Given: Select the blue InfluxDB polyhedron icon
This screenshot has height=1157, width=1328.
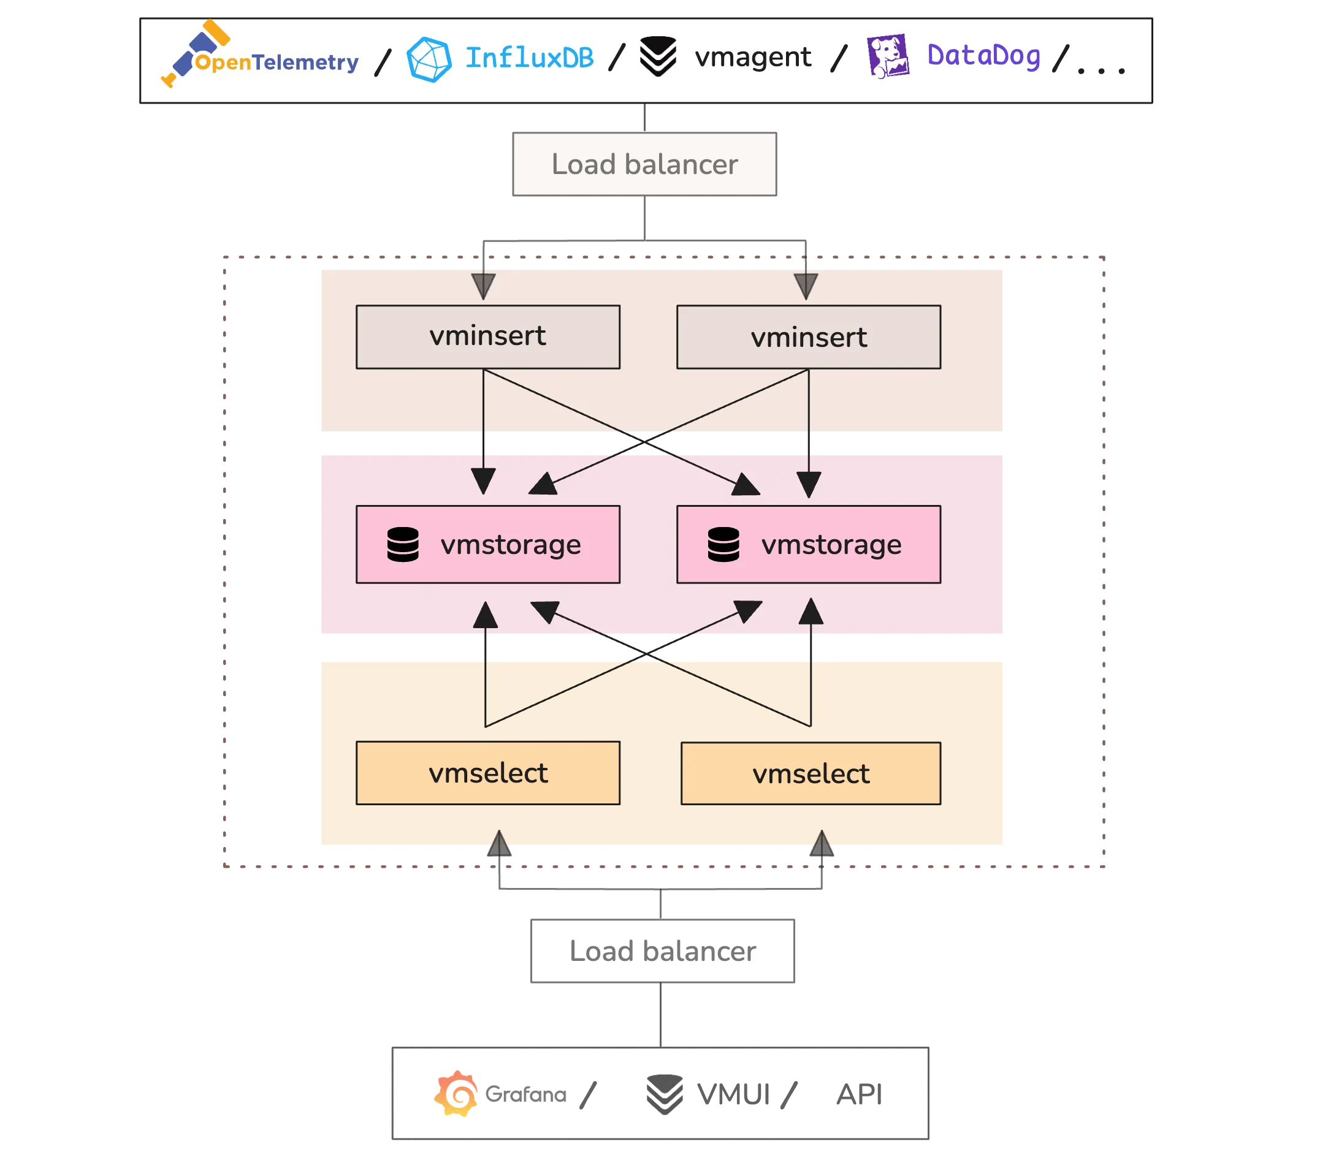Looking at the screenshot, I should pyautogui.click(x=429, y=59).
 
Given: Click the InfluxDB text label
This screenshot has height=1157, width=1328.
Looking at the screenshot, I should pyautogui.click(x=529, y=58).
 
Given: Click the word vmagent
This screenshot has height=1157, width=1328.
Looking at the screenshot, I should pyautogui.click(x=752, y=58).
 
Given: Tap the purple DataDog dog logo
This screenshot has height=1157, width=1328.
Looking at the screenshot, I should pyautogui.click(x=888, y=56).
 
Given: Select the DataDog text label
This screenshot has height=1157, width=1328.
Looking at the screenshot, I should pyautogui.click(x=983, y=56).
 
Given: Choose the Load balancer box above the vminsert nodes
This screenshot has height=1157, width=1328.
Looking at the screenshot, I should pyautogui.click(x=644, y=164).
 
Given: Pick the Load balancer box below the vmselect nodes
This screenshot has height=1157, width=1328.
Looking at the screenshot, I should pyautogui.click(x=662, y=951).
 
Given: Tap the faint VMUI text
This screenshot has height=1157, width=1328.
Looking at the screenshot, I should pyautogui.click(x=734, y=1094).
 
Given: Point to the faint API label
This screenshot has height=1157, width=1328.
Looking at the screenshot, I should pyautogui.click(x=860, y=1094).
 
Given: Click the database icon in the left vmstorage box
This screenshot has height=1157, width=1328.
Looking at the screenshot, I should pyautogui.click(x=403, y=544).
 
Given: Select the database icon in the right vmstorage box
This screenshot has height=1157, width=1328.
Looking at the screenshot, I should pyautogui.click(x=723, y=544).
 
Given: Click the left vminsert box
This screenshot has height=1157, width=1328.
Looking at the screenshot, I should pyautogui.click(x=487, y=336).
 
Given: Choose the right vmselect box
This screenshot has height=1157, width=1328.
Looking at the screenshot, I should pyautogui.click(x=811, y=773).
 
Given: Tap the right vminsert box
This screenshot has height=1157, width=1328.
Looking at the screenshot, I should pyautogui.click(x=808, y=337).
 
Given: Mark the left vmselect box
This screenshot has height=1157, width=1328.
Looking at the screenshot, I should pyautogui.click(x=487, y=773).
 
